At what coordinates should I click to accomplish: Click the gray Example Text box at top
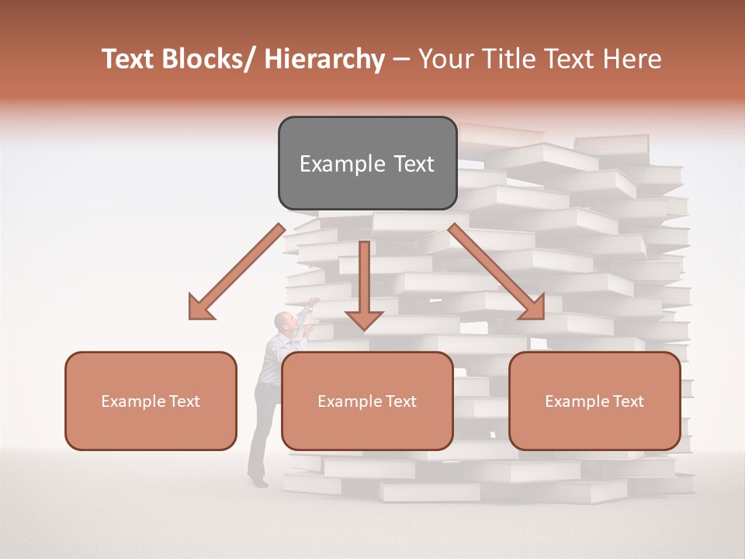(x=367, y=163)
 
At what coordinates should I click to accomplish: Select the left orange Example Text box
(x=151, y=401)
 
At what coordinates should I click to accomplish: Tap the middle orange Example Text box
(x=367, y=401)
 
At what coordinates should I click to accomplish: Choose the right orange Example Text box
(x=594, y=401)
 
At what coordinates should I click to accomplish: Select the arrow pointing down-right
(x=497, y=272)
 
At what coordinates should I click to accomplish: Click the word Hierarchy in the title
(x=324, y=59)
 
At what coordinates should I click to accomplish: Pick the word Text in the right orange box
(x=627, y=401)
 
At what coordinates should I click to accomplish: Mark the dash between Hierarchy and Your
(x=400, y=59)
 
